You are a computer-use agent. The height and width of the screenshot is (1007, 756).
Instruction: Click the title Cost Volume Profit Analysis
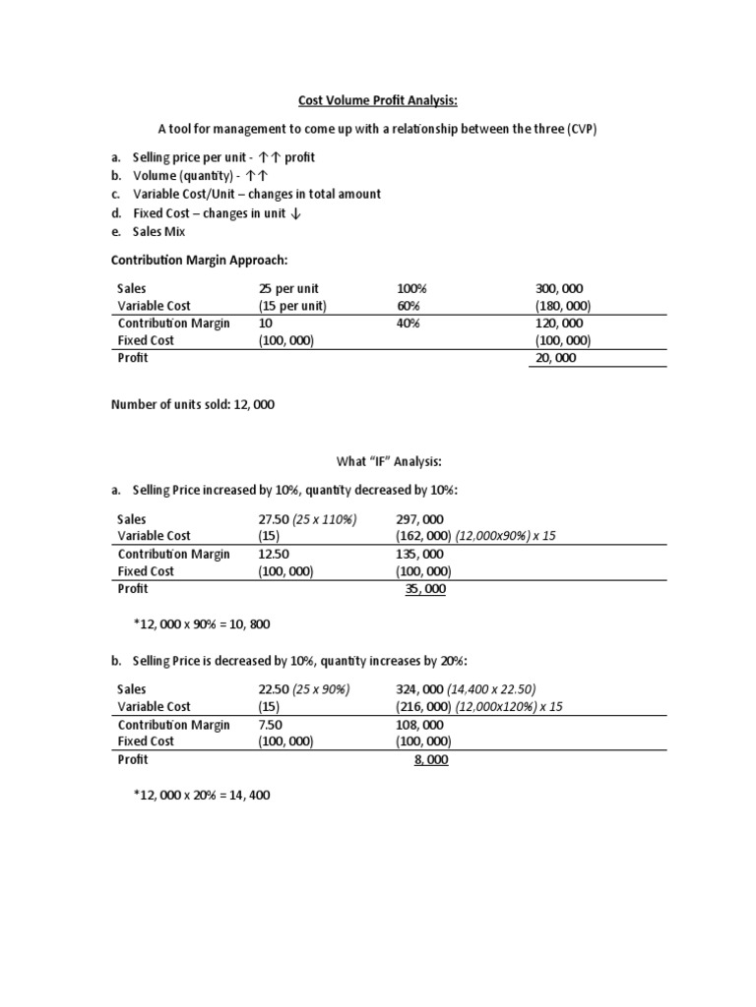(x=377, y=99)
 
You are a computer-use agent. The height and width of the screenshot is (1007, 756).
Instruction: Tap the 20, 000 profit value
(x=555, y=358)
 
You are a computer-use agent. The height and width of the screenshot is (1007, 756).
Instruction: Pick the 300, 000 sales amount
(x=557, y=289)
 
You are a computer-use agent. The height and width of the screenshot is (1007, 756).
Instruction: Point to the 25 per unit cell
(x=288, y=289)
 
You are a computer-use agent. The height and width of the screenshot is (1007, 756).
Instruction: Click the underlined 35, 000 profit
(x=424, y=588)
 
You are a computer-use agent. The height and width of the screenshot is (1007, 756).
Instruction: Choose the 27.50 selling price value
(x=275, y=518)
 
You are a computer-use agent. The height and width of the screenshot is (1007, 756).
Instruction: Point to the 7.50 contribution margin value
(x=271, y=725)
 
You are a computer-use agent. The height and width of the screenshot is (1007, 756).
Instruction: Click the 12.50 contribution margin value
(x=275, y=554)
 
